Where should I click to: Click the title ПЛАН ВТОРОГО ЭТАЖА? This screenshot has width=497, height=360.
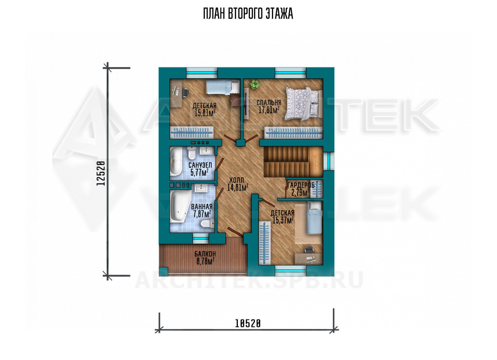point(248,14)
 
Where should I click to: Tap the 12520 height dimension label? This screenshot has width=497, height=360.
point(101,173)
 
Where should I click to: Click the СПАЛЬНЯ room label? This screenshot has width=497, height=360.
point(269,103)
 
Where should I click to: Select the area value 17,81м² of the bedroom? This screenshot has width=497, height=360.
point(269,110)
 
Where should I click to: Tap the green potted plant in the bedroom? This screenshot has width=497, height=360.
point(255,84)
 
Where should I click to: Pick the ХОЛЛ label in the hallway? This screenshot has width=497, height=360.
point(237,180)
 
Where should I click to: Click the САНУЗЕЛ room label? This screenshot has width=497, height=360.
point(200,165)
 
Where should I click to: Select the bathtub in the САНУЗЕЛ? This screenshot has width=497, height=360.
point(176,162)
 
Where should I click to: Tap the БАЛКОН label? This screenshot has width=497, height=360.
point(205,254)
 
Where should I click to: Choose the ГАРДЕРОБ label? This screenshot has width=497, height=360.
point(301,185)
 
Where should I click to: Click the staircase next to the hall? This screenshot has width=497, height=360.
point(293,162)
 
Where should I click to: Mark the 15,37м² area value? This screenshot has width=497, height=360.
point(283,220)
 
